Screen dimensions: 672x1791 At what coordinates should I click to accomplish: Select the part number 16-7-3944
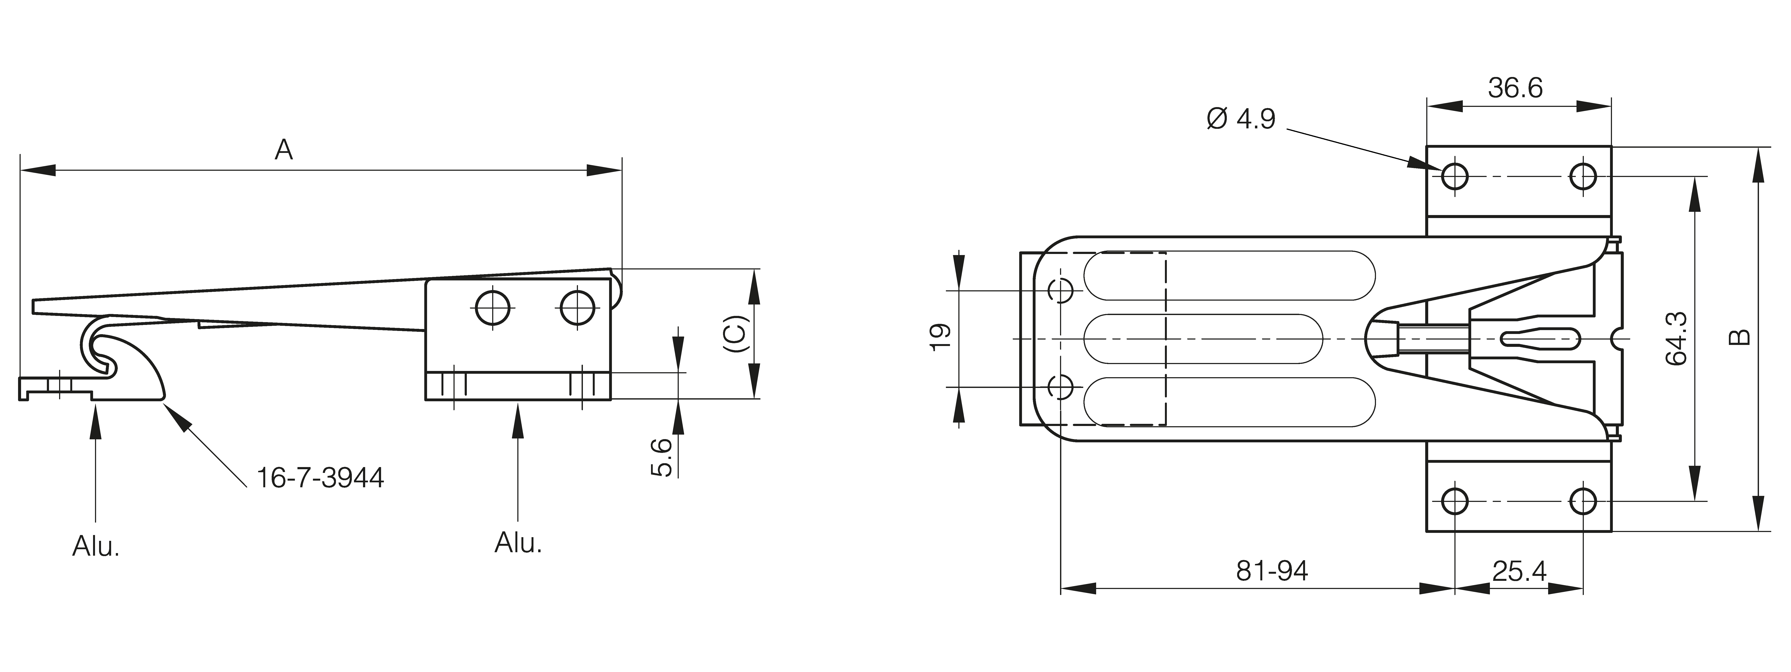pos(320,478)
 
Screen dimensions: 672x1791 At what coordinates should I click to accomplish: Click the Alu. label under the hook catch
pos(96,546)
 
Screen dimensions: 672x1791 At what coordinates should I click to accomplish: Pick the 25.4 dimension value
pos(1519,572)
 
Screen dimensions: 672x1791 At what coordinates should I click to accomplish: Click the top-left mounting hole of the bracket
pos(1454,177)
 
